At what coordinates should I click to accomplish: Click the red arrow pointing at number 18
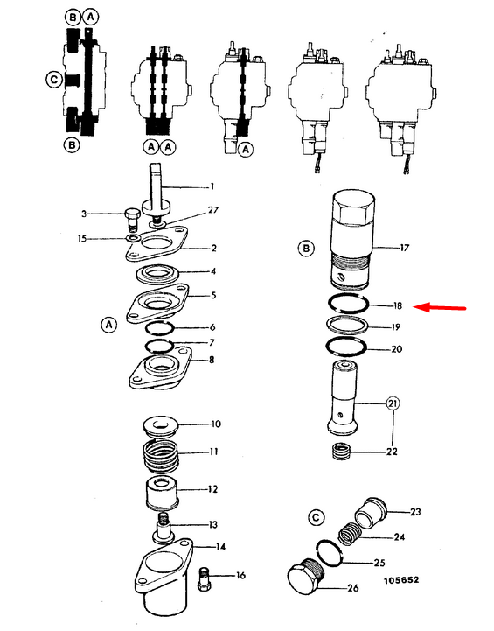point(440,308)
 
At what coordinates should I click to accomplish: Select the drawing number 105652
point(401,580)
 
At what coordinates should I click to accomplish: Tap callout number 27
point(213,210)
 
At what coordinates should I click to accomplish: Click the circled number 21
point(393,403)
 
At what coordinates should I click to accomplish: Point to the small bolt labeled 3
point(131,220)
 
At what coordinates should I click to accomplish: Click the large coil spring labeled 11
point(161,455)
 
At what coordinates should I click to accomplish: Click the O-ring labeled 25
point(330,553)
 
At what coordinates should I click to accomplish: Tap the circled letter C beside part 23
point(316,517)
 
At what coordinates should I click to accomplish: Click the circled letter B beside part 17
point(306,248)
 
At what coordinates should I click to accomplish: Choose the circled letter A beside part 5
point(108,325)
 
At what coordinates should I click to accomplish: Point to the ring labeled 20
point(346,346)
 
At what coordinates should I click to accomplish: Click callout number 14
point(220,546)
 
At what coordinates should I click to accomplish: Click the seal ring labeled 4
point(157,275)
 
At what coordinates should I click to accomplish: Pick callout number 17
point(404,248)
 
